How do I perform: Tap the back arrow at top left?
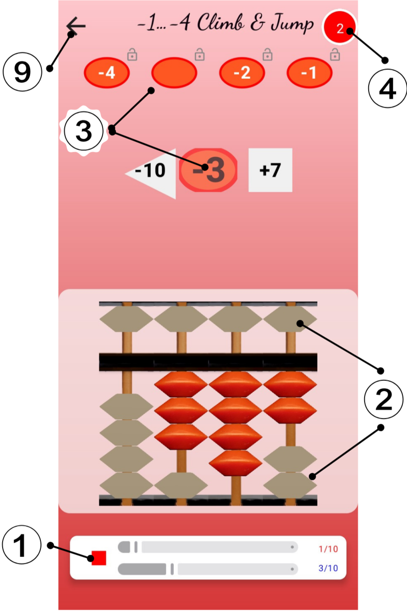76,26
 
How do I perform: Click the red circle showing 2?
339,28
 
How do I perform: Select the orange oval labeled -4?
107,72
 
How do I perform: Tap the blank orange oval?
174,72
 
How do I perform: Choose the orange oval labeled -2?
242,72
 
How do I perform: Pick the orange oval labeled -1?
309,72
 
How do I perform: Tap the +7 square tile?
270,170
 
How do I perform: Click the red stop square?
99,558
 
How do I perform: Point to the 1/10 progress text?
328,549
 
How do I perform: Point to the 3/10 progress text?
328,568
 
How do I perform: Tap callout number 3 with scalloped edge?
84,131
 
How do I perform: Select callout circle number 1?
21,546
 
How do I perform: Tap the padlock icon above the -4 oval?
132,55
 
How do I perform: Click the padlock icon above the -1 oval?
335,55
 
